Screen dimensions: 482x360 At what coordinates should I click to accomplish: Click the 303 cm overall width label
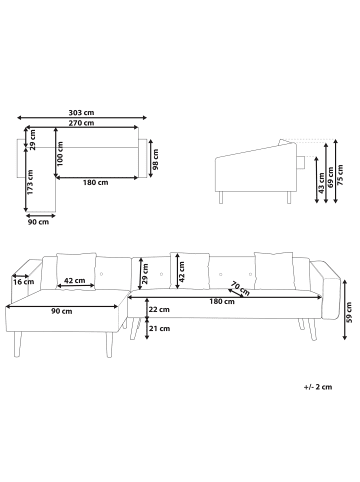(x=83, y=113)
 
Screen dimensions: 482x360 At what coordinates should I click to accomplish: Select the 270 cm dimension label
(x=83, y=123)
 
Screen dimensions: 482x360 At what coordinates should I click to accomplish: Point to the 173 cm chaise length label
(x=31, y=180)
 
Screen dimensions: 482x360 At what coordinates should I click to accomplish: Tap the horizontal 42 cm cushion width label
(x=73, y=282)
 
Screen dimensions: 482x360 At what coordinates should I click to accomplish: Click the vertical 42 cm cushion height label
(x=181, y=269)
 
